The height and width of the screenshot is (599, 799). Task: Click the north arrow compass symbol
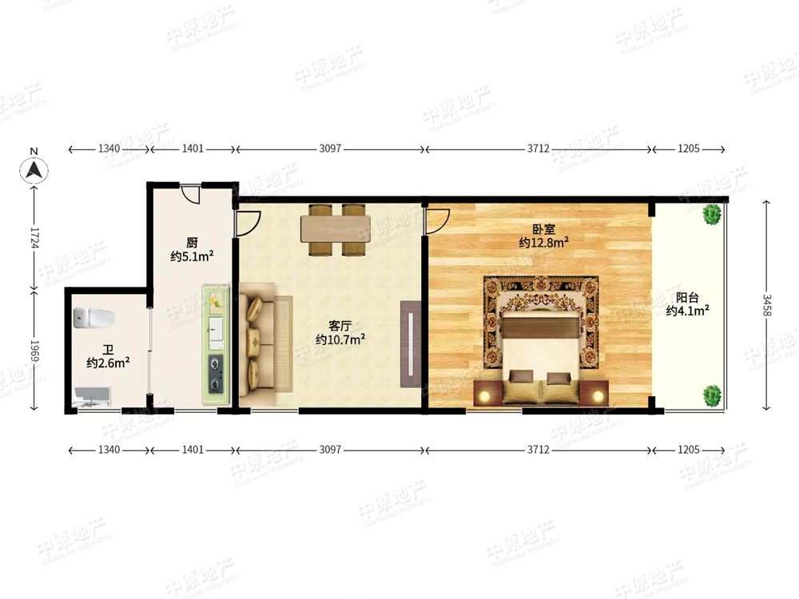click(34, 169)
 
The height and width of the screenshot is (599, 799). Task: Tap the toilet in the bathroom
click(93, 317)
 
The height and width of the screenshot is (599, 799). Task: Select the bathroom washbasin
click(92, 397)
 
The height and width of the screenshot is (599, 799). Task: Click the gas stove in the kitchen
click(216, 375)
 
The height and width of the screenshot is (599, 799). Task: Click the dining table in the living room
click(336, 229)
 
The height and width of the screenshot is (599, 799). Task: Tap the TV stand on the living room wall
click(411, 344)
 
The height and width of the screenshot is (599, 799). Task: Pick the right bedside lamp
click(598, 395)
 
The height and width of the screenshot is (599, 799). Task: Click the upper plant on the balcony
click(712, 213)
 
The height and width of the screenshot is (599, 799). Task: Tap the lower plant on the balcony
click(712, 396)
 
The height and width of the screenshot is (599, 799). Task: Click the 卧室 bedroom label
click(543, 230)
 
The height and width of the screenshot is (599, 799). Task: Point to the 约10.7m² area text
click(340, 339)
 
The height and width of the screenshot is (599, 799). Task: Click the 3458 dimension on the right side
click(767, 304)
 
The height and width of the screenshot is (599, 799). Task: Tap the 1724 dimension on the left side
click(34, 237)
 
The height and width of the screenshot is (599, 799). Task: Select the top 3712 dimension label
click(538, 149)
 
